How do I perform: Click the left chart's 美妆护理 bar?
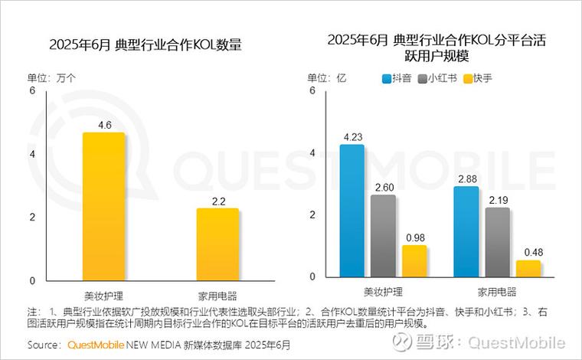tap(103, 207)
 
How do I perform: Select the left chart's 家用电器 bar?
tap(217, 244)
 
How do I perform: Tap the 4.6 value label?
tap(104, 124)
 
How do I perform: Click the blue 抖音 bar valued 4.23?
tap(351, 211)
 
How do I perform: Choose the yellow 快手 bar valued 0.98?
tap(414, 261)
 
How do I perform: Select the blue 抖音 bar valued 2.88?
tap(466, 231)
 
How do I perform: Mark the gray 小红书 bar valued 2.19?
tap(497, 242)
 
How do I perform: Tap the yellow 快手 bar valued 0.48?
tap(528, 269)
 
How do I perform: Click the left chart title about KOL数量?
tap(145, 45)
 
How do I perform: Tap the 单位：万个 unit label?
tap(52, 77)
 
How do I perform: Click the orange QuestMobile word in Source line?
tap(96, 345)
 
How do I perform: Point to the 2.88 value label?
tap(466, 178)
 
